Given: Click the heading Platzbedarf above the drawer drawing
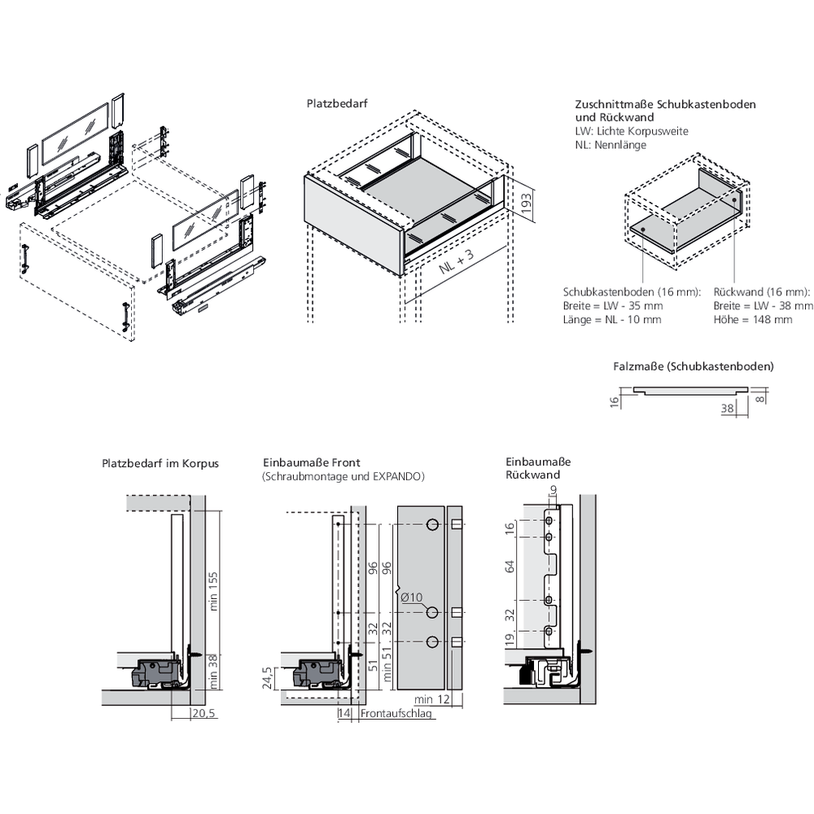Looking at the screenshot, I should (x=334, y=104).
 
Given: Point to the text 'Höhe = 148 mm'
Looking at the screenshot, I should (x=752, y=319).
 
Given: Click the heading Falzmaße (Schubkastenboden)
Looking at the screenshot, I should (x=693, y=366).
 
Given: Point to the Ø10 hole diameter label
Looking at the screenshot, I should (x=413, y=597).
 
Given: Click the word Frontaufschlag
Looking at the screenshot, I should (x=396, y=714).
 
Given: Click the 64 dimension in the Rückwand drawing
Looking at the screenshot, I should (x=510, y=567).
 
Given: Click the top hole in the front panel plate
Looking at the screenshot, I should (x=432, y=523).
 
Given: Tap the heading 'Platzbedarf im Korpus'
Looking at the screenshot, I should (x=160, y=463).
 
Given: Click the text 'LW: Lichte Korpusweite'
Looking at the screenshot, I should (x=631, y=131).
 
